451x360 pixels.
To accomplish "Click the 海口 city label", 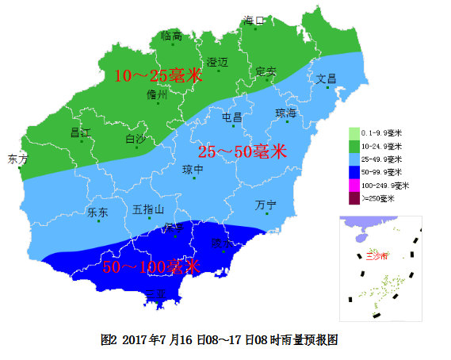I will click(254, 20).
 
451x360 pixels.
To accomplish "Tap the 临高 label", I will click(171, 35).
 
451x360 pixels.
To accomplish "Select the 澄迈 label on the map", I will click(217, 62).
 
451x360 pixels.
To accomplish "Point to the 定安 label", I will click(266, 71).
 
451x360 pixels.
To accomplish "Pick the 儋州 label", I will click(157, 94).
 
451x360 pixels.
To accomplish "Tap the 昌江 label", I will click(81, 132).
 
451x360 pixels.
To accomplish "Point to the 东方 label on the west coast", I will click(17, 159).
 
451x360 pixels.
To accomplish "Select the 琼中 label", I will click(193, 169).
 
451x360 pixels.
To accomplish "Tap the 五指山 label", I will click(148, 209).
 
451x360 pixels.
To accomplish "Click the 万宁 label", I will click(266, 205).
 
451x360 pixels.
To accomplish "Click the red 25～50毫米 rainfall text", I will click(242, 152).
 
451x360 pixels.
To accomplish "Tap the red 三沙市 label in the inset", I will click(377, 256).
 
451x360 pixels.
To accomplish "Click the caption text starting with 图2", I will click(220, 339).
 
